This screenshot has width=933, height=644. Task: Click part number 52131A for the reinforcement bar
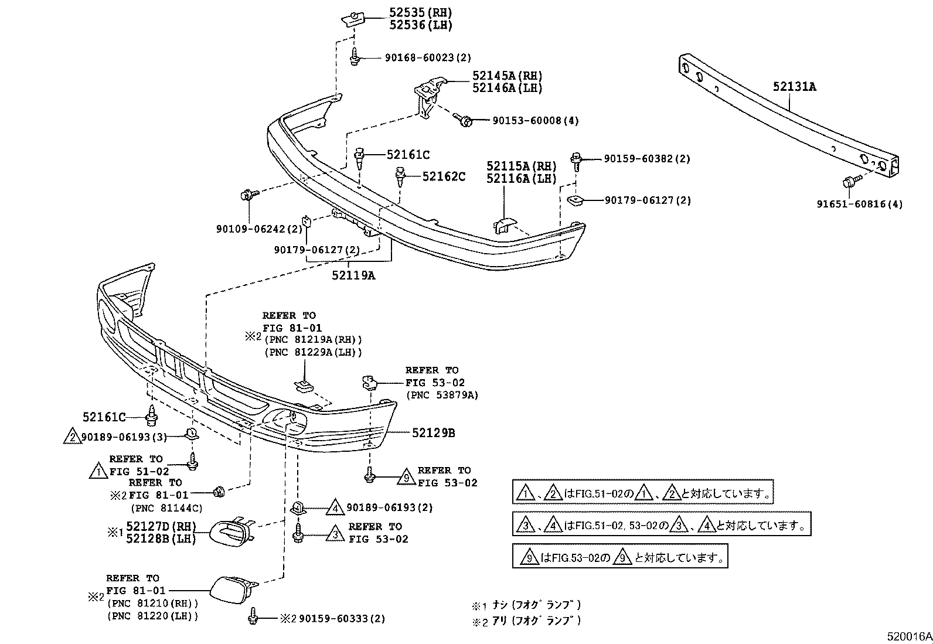794,87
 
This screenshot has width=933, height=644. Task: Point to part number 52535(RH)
421,12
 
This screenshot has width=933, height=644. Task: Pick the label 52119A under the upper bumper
353,275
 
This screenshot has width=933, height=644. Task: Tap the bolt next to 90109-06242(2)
246,196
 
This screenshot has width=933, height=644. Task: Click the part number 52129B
433,433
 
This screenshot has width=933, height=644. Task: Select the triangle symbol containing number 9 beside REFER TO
406,478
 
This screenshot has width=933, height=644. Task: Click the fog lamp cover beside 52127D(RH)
231,532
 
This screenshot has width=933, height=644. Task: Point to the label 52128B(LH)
161,539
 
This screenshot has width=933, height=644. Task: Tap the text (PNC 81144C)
166,508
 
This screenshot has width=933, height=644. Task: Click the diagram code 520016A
908,636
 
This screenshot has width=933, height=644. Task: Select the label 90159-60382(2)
647,159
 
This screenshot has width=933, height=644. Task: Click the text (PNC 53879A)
442,396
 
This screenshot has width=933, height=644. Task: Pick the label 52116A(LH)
521,179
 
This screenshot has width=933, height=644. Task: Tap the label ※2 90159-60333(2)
332,619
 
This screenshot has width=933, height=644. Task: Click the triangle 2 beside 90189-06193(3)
71,437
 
